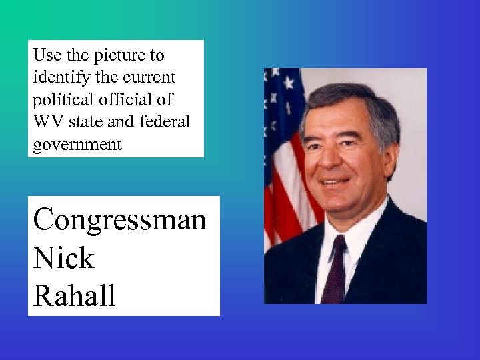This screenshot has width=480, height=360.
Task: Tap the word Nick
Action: click(63, 257)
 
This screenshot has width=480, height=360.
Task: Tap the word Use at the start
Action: click(45, 55)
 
